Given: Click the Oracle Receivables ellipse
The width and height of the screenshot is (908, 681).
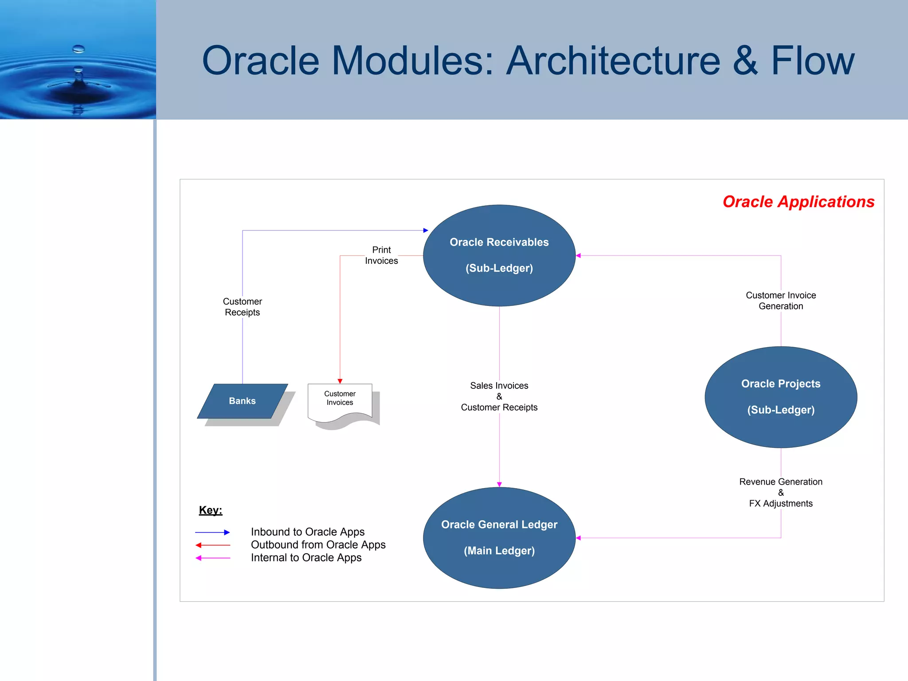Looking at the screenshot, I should tap(499, 255).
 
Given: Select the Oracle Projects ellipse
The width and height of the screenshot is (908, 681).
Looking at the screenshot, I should tap(781, 397).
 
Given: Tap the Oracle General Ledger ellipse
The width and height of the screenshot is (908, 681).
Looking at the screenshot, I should tap(499, 537).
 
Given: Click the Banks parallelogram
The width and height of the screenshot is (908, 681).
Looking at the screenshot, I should tap(242, 401).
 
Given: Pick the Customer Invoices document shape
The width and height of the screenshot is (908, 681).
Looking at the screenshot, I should tap(340, 399).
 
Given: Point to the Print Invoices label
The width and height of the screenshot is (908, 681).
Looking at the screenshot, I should tap(381, 255).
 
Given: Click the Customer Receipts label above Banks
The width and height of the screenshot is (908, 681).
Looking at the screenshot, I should tap(242, 307).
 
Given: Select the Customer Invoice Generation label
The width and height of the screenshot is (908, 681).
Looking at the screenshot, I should tap(781, 301).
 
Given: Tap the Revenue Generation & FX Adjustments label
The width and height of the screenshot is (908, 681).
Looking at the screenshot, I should tap(781, 493).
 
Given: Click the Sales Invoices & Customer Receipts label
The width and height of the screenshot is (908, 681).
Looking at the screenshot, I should tap(499, 396).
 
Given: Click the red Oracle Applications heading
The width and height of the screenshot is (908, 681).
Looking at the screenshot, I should tap(798, 202).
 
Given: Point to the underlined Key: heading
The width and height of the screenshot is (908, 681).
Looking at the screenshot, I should tap(211, 510).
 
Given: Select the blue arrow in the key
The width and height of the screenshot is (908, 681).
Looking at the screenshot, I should tap(212, 532).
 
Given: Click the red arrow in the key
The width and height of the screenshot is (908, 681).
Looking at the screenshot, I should tap(212, 545).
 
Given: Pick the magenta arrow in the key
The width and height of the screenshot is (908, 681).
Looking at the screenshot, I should tap(212, 558).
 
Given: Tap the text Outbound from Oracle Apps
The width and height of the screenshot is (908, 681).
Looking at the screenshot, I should tap(318, 545).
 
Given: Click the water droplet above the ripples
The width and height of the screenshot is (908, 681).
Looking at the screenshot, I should tap(78, 49).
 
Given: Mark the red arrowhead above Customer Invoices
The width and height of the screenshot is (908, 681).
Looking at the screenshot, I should tap(340, 381).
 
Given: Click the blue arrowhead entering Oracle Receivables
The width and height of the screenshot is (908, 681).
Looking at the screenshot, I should tap(426, 231).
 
